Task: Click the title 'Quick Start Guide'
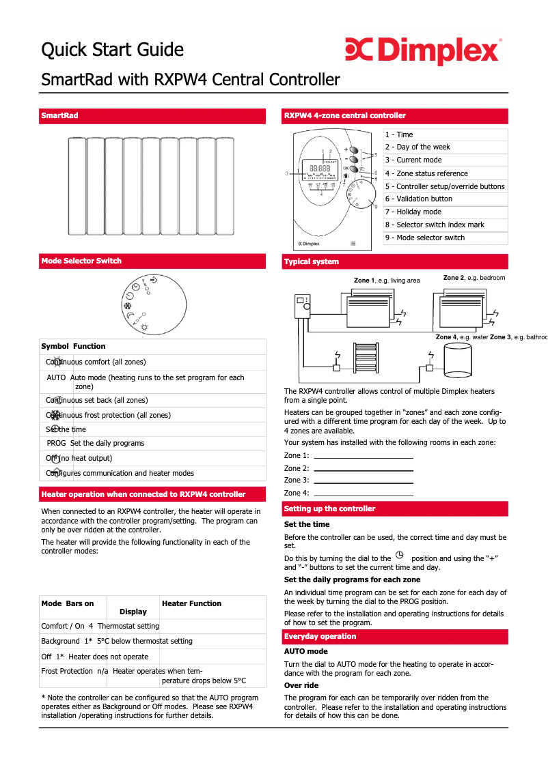[112, 50]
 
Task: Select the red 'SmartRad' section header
[60, 115]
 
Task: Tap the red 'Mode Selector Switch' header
[81, 261]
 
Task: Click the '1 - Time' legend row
[399, 135]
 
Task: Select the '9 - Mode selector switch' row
[424, 238]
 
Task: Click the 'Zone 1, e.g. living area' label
[387, 281]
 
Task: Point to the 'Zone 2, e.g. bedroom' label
[474, 278]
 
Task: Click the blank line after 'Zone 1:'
[364, 456]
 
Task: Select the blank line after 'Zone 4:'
[364, 493]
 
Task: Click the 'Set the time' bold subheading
[307, 524]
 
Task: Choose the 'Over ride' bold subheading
[301, 685]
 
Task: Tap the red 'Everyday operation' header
[320, 636]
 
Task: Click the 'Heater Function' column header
[192, 603]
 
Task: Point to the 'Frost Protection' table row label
[67, 671]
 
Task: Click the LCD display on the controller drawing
[320, 169]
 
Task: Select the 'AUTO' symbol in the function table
[56, 377]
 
